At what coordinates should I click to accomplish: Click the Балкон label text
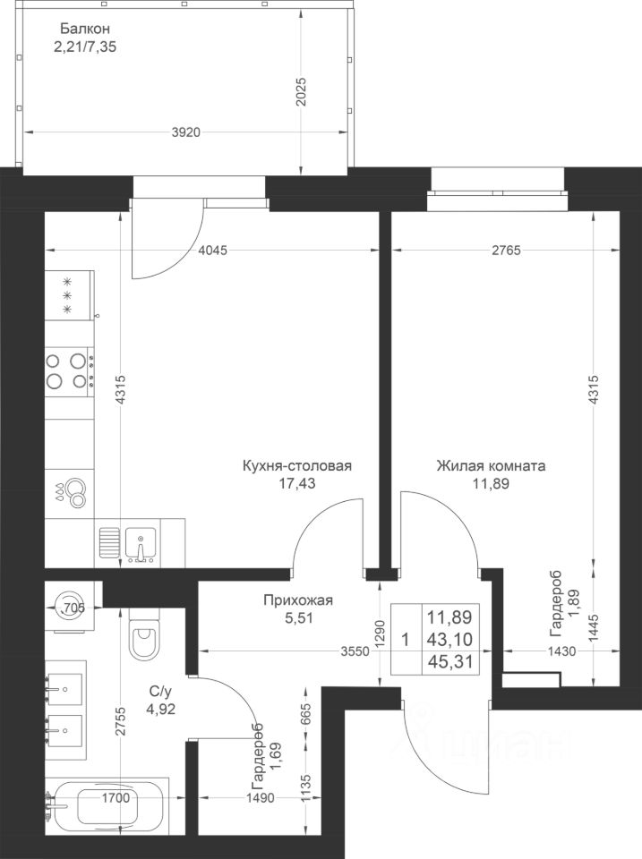point(86,29)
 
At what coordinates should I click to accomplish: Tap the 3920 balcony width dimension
point(186,132)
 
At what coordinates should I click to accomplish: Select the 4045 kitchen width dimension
point(212,251)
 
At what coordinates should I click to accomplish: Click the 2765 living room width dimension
point(506,251)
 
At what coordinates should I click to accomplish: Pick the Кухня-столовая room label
point(297,466)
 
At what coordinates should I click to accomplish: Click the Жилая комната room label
point(492,466)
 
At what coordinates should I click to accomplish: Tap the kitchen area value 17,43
point(297,483)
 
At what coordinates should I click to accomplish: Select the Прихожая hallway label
point(298,600)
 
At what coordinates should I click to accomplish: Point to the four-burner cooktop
point(69,370)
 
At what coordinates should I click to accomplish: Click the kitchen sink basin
point(141,542)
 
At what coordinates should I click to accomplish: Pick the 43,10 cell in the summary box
point(449,639)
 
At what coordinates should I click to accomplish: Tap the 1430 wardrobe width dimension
point(561,651)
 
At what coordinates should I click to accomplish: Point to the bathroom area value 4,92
point(159,710)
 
